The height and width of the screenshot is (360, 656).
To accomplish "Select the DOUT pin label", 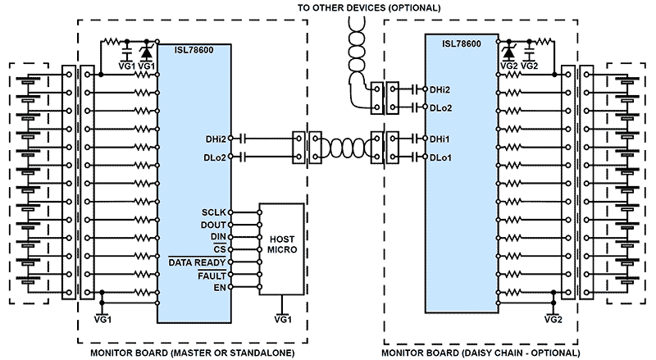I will [215, 224].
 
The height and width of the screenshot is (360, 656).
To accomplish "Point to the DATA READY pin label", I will [197, 262].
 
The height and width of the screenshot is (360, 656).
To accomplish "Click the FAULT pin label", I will [212, 276].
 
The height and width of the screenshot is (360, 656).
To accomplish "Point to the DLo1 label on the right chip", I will [442, 156].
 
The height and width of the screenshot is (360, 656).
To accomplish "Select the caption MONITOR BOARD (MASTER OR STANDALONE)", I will [192, 353].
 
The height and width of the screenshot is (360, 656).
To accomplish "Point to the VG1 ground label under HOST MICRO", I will [282, 320].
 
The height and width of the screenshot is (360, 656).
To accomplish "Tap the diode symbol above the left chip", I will [148, 51].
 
